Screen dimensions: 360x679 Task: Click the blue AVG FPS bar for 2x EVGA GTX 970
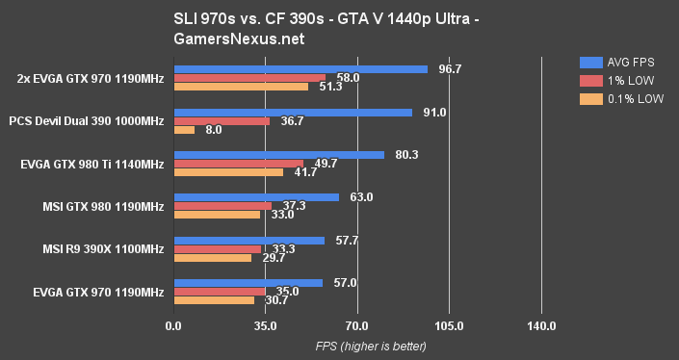click(300, 69)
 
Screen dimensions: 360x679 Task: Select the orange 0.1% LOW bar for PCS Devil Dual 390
click(184, 129)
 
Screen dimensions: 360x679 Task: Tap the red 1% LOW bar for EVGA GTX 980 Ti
click(238, 164)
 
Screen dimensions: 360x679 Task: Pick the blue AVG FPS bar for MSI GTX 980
click(255, 197)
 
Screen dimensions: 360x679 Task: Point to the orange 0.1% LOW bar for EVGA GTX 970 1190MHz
click(214, 300)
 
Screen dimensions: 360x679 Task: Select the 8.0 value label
click(213, 130)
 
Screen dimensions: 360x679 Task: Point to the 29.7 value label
click(274, 258)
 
